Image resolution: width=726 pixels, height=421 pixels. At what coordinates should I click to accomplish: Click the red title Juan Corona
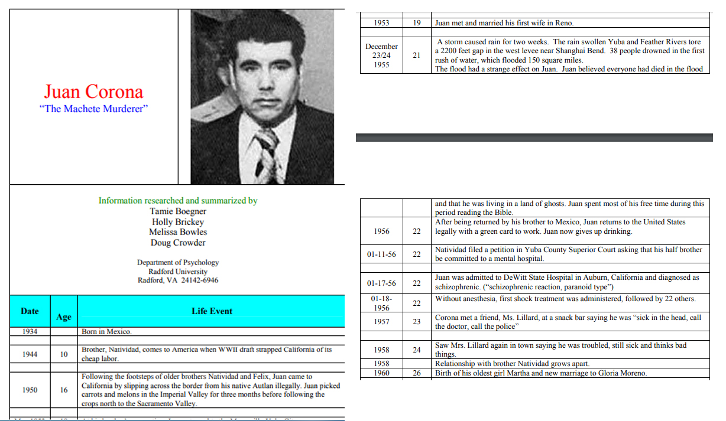(x=93, y=92)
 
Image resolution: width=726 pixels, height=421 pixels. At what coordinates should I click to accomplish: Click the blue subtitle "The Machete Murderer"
(x=93, y=109)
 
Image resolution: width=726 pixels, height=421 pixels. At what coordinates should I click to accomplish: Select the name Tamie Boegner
(x=178, y=211)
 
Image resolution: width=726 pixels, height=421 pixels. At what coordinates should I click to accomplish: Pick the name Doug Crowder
(x=178, y=243)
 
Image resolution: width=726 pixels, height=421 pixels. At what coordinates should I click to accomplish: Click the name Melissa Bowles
(x=178, y=232)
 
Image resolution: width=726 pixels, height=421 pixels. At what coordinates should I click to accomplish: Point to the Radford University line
(x=178, y=271)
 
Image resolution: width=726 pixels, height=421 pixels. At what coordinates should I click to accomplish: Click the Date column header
(x=30, y=311)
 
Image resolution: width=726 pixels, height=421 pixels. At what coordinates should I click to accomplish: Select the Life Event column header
(x=212, y=311)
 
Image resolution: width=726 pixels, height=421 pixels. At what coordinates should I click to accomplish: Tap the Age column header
(x=64, y=317)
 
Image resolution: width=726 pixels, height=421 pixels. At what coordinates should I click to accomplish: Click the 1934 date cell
(x=30, y=331)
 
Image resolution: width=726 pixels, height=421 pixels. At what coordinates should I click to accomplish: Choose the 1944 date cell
(x=30, y=354)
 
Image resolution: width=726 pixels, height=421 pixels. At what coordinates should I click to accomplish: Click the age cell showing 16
(x=64, y=390)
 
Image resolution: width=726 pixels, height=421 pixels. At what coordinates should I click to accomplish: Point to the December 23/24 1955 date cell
(x=381, y=56)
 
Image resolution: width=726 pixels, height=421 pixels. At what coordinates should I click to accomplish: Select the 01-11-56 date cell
(x=381, y=254)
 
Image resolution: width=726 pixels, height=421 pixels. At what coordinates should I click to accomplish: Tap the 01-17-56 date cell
(x=381, y=283)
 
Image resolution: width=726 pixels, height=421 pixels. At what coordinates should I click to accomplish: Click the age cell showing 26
(x=417, y=373)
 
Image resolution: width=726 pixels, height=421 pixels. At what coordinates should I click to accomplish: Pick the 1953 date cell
(x=381, y=23)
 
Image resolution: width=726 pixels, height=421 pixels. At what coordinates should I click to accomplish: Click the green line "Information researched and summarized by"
(x=178, y=201)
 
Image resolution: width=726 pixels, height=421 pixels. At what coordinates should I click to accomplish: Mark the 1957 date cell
(x=381, y=322)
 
